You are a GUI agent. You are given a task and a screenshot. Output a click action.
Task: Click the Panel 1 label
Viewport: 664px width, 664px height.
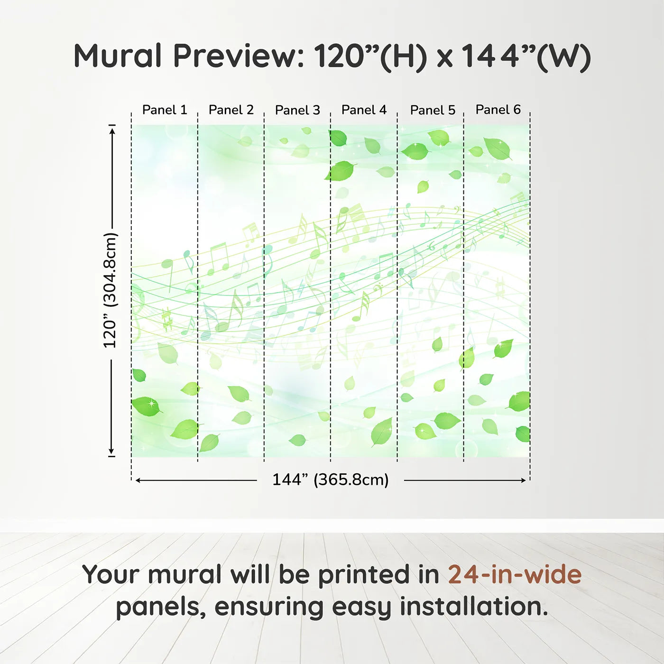165,110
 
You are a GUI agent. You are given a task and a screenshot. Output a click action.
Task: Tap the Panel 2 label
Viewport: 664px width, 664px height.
231,110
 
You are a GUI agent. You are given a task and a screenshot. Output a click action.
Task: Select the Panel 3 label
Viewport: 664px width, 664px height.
297,110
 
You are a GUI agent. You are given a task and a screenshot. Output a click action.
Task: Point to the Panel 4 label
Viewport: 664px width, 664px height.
364,110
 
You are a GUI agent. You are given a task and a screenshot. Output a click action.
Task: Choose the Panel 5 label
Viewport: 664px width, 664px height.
433,110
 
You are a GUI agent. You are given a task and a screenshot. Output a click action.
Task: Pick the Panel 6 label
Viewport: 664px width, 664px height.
498,110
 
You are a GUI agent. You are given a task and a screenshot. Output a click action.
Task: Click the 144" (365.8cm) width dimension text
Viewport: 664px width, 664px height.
330,480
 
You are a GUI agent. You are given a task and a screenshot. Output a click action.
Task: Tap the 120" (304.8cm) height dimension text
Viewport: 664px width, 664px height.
110,290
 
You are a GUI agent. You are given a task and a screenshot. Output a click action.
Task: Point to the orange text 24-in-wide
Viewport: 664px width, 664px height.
515,574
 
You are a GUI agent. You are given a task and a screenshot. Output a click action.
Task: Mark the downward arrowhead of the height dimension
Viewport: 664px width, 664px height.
112,451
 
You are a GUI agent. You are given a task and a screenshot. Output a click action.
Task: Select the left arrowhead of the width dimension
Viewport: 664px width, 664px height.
138,480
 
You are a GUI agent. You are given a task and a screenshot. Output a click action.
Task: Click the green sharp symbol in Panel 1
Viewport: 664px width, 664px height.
166,320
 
